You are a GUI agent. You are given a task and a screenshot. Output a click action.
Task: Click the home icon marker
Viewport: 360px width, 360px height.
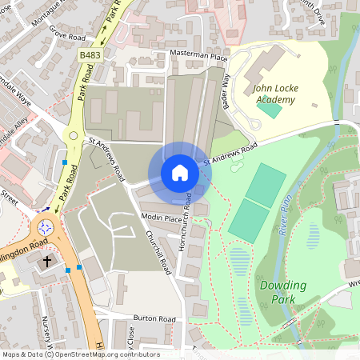180,173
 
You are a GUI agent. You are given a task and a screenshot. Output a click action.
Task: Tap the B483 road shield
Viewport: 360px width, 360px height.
90,54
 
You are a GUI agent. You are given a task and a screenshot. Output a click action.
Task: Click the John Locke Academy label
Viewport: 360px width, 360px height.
274,94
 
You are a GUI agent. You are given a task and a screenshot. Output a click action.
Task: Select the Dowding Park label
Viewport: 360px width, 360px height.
278,291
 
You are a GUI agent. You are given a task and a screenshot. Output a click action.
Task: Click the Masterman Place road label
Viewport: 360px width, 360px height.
200,56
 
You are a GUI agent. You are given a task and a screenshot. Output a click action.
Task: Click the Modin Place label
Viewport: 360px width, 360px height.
161,218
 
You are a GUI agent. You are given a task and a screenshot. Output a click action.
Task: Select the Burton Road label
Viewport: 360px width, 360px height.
155,318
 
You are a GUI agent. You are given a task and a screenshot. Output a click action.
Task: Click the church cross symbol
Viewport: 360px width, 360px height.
46,262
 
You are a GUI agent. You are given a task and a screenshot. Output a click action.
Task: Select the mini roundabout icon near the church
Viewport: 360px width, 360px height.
46,227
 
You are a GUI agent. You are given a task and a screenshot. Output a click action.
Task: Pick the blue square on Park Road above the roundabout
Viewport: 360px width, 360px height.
64,162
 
